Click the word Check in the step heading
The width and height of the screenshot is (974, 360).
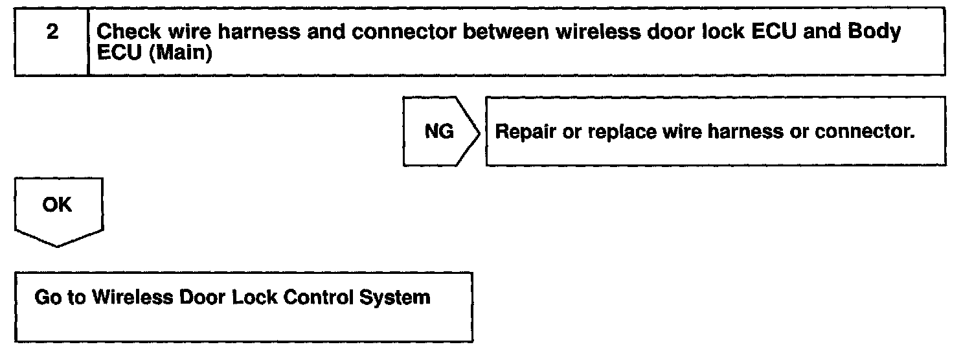(x=130, y=33)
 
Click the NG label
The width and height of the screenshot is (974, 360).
(x=438, y=131)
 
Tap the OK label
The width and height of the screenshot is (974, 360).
(x=58, y=205)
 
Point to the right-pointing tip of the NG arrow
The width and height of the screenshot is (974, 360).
(x=481, y=132)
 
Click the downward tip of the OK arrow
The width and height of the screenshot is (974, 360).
(x=58, y=246)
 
